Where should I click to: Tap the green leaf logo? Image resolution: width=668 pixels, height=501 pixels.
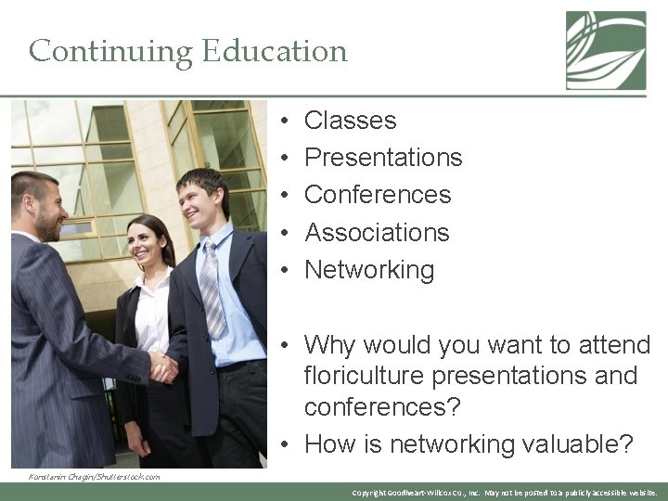(606, 50)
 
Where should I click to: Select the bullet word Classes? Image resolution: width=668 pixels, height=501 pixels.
(350, 121)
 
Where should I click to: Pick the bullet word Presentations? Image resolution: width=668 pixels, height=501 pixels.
(383, 158)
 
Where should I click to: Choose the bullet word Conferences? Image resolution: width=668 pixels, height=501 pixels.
(378, 195)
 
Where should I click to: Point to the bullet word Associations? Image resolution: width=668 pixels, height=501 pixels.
(377, 232)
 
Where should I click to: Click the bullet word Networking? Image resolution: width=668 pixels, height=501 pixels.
(369, 270)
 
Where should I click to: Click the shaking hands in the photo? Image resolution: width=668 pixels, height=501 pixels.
(163, 366)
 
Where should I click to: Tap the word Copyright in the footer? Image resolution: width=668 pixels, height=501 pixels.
(371, 493)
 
